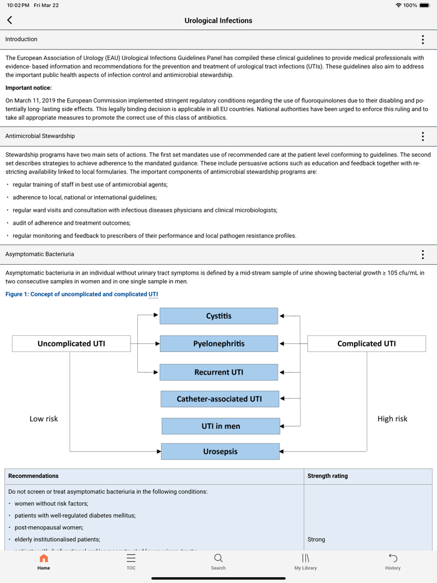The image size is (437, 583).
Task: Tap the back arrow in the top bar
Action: (x=10, y=21)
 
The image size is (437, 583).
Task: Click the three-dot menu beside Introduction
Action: (x=423, y=39)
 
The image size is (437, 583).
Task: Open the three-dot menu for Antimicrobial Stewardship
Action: (x=423, y=136)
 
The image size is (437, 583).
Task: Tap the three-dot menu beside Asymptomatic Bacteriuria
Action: (x=423, y=254)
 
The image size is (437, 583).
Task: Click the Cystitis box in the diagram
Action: (x=219, y=316)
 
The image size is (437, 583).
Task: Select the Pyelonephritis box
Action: (x=219, y=344)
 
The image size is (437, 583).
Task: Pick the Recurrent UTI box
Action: (x=219, y=372)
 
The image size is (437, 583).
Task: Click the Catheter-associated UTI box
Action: (x=219, y=399)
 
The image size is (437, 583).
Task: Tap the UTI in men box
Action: (x=220, y=426)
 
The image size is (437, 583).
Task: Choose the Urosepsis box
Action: (x=220, y=451)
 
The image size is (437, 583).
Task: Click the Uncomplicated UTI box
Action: (x=71, y=343)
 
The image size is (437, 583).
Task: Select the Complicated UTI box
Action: (x=366, y=343)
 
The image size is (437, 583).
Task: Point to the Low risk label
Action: (x=44, y=419)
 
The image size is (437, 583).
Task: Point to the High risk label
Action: (x=392, y=419)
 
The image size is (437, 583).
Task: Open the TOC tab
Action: (x=131, y=561)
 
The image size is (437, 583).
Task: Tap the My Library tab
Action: (x=305, y=561)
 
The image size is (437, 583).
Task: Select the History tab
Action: (x=393, y=561)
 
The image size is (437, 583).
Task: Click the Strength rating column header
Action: (x=328, y=476)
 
